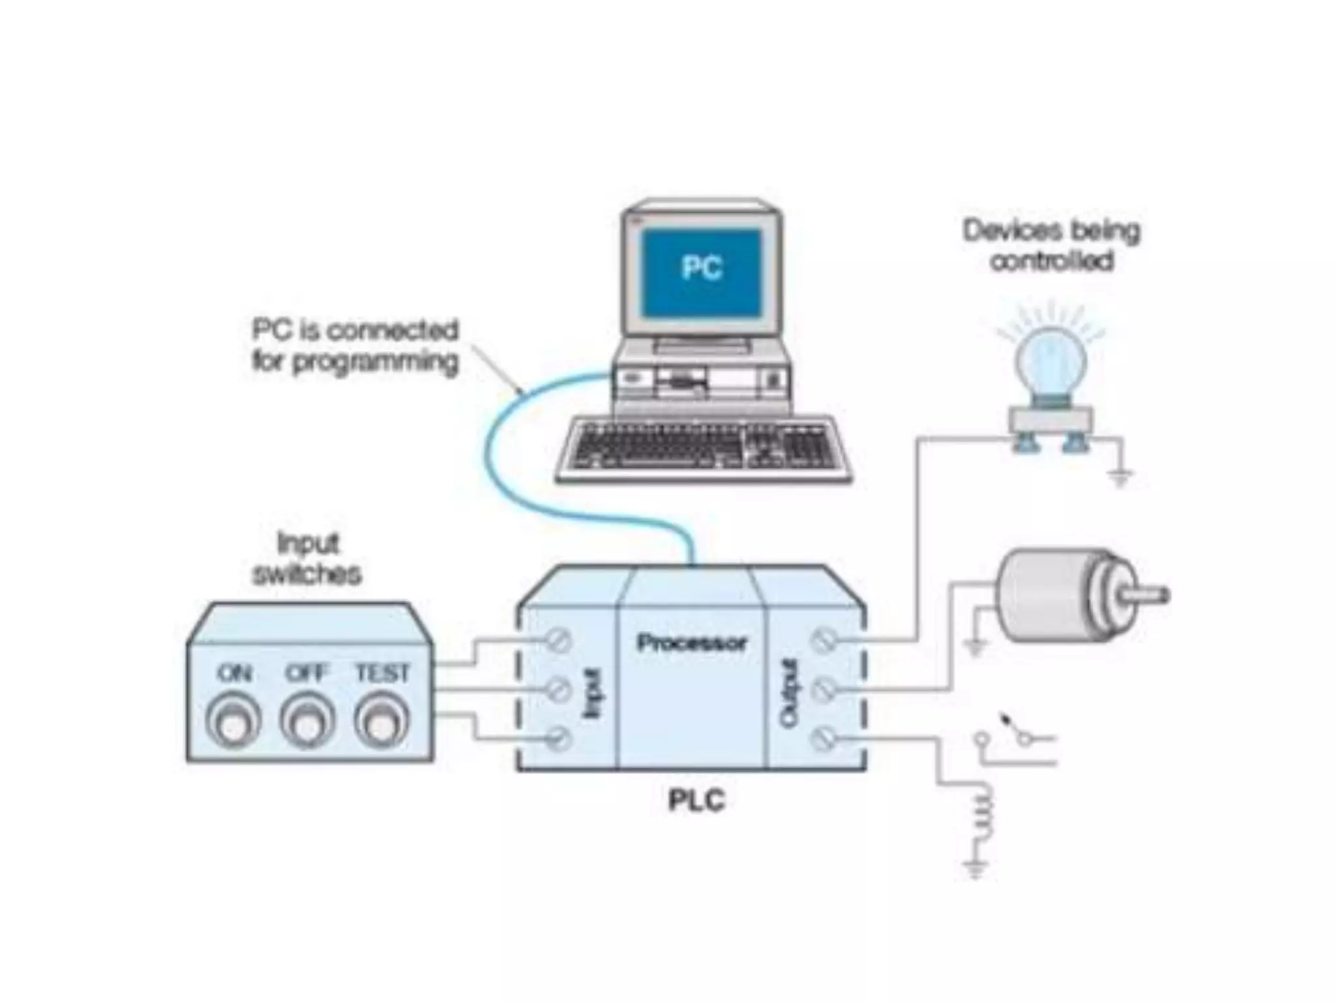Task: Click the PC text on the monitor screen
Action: (x=701, y=267)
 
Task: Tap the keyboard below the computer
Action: (x=703, y=449)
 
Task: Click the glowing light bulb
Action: (x=1050, y=365)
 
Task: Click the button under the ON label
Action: (x=233, y=723)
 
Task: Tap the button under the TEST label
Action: (x=382, y=723)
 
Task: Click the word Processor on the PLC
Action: (x=691, y=643)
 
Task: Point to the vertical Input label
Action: (x=592, y=692)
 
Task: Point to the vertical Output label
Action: (x=790, y=692)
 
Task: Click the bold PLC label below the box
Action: (x=696, y=800)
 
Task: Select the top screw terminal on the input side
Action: (x=558, y=641)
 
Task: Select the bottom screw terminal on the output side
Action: (x=824, y=739)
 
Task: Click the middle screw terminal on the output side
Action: (x=824, y=689)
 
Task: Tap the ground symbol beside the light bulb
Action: (x=1119, y=478)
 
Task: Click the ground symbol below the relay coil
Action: (x=976, y=869)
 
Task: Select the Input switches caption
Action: (x=307, y=558)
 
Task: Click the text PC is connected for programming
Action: (x=355, y=346)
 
